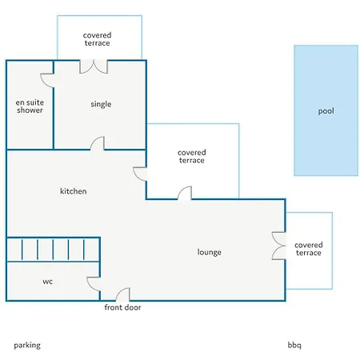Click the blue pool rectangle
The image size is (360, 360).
[x=326, y=110]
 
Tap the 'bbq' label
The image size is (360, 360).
[x=294, y=345]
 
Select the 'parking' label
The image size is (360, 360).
[x=27, y=346]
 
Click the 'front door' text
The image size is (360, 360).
[x=122, y=307]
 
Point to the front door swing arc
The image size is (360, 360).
[x=119, y=291]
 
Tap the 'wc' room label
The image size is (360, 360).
[x=47, y=282]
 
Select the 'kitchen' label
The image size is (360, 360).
[x=73, y=191]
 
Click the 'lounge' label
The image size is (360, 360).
[x=210, y=252]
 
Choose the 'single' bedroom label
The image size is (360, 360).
[x=101, y=104]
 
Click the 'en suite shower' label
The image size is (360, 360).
[x=30, y=106]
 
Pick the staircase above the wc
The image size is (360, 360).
[x=53, y=250]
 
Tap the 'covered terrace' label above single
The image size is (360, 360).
[x=97, y=39]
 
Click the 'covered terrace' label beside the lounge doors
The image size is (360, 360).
[x=309, y=249]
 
